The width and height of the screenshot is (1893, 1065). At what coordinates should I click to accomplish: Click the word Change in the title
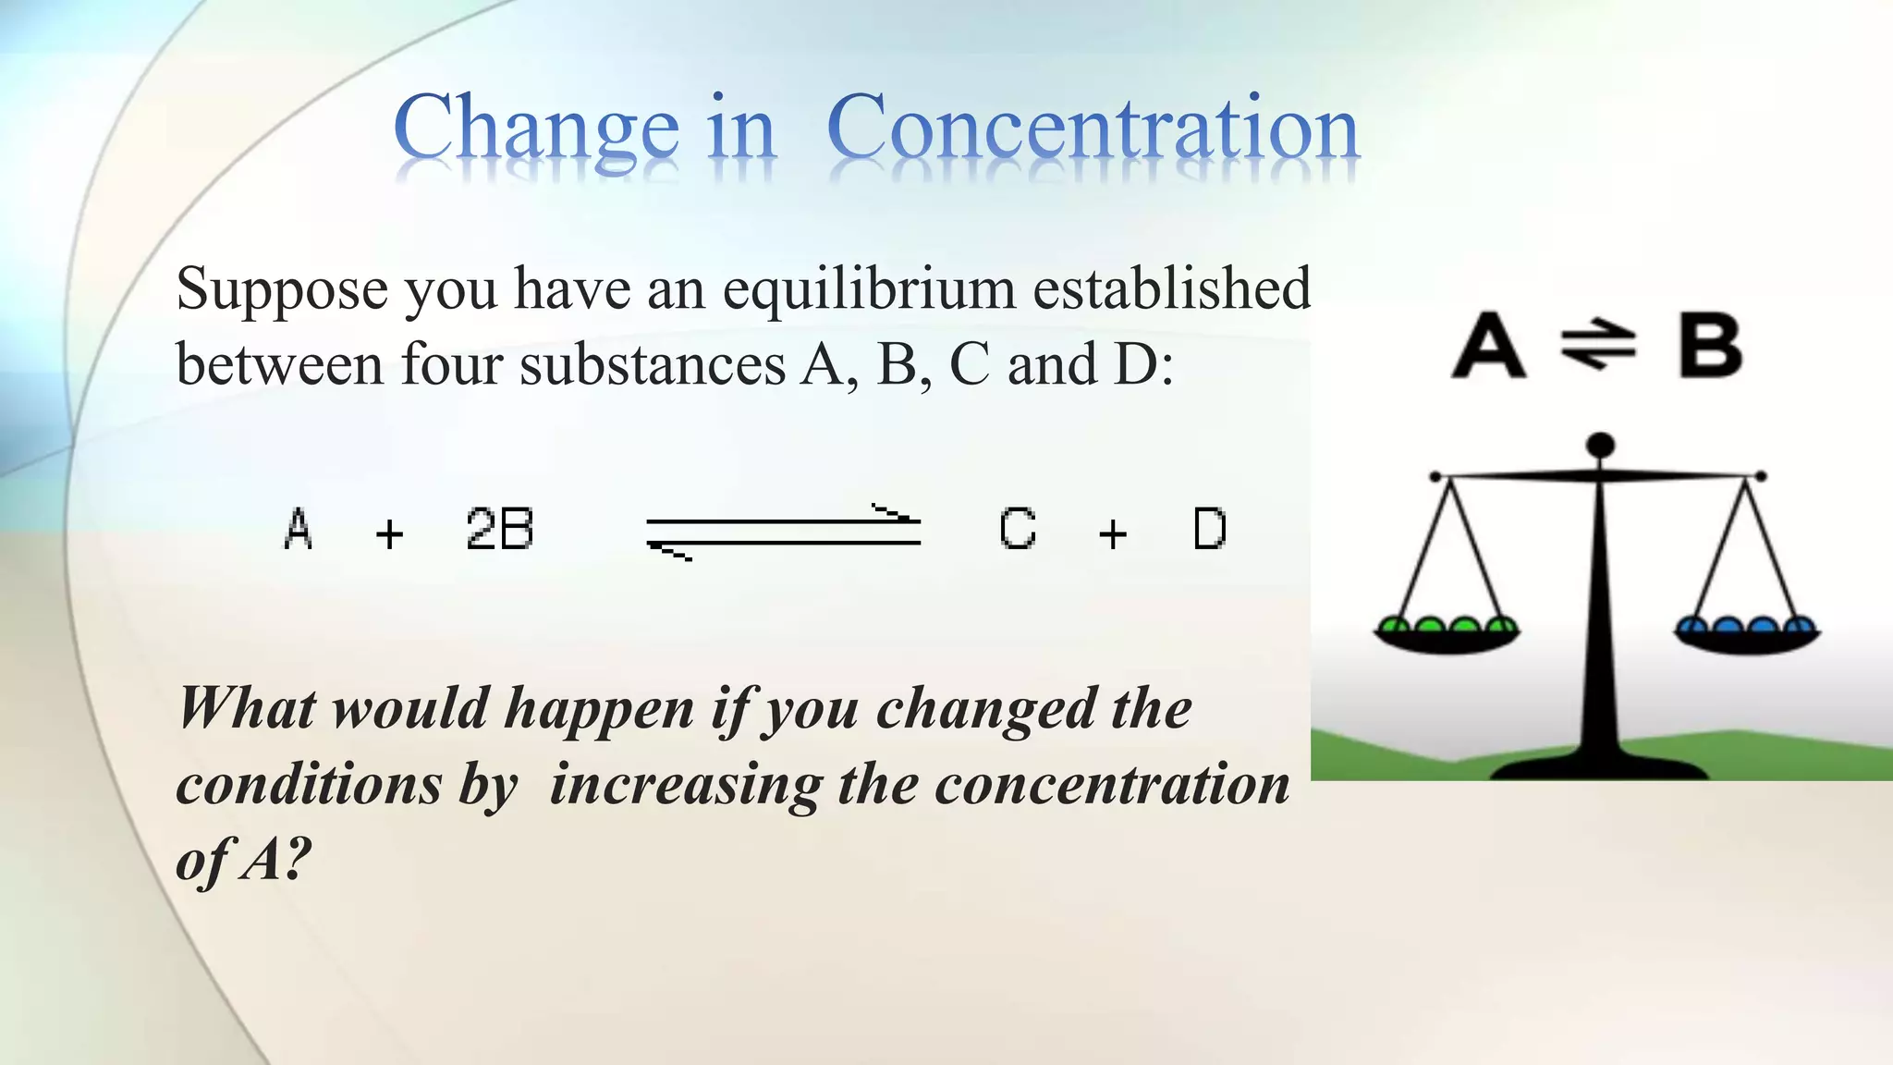tap(536, 129)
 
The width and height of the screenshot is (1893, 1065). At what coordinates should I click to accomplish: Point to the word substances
tap(652, 364)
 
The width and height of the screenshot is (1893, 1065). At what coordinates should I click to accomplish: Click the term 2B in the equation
tap(499, 530)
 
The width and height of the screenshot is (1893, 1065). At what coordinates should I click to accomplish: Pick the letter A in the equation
tap(298, 530)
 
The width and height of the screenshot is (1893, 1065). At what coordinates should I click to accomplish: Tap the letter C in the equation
tap(1018, 530)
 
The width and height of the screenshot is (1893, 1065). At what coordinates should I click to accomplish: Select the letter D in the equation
tap(1210, 530)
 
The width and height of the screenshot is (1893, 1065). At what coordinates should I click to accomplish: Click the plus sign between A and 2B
tap(390, 533)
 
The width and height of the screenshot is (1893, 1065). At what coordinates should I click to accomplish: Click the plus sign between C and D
tap(1113, 533)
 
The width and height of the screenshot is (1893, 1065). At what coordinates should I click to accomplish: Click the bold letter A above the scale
tap(1488, 346)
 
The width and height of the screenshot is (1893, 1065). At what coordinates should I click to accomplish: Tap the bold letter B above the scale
tap(1710, 346)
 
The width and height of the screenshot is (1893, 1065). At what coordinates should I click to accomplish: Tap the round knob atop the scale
tap(1600, 446)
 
